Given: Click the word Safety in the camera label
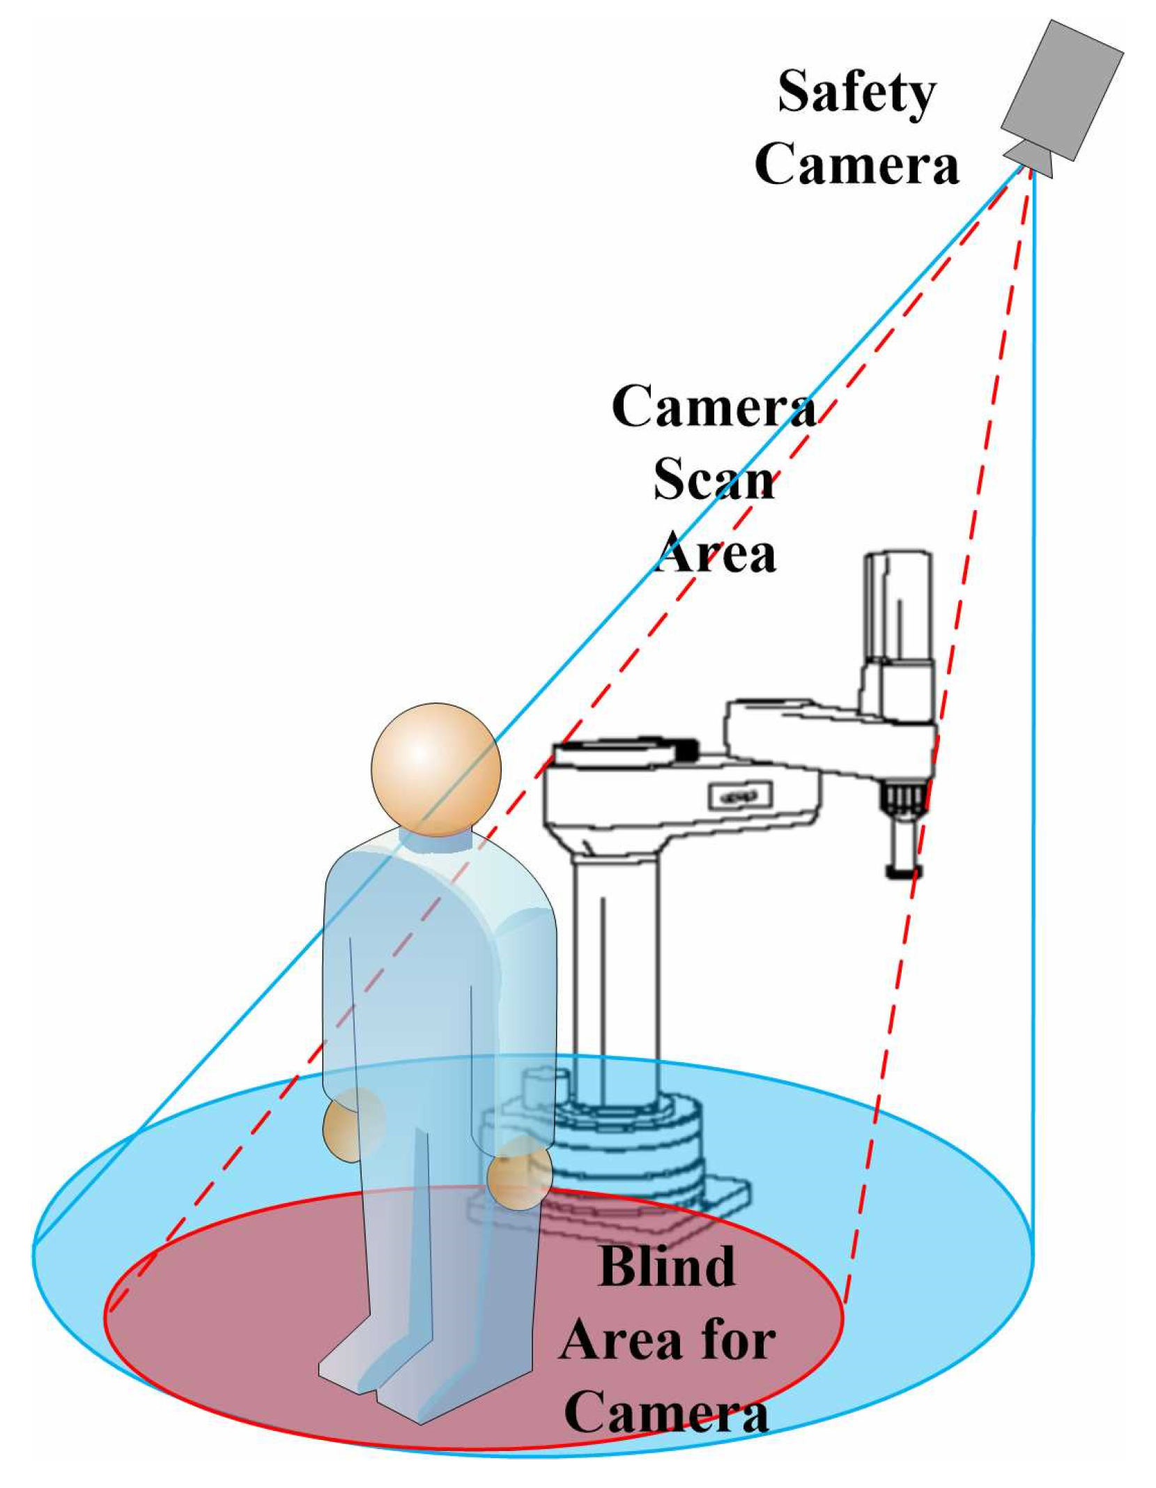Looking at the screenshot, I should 856,93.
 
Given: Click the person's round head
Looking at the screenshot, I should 436,769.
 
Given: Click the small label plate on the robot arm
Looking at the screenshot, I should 740,795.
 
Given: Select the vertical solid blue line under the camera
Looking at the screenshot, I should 1033,697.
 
